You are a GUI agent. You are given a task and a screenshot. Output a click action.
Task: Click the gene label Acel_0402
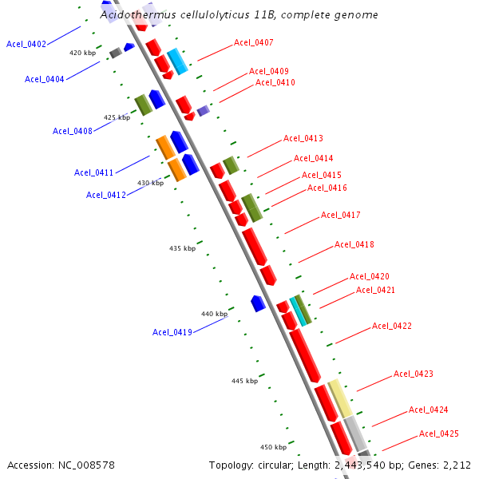pyautogui.click(x=26, y=44)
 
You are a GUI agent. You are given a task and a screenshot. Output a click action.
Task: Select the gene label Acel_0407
pyautogui.click(x=254, y=42)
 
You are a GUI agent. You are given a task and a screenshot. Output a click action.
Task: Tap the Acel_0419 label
pyautogui.click(x=172, y=332)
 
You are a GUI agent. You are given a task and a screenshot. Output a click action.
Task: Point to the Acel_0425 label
pyautogui.click(x=439, y=434)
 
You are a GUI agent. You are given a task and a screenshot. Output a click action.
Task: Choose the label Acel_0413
pyautogui.click(x=303, y=139)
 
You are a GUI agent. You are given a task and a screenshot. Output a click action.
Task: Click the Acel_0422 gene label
pyautogui.click(x=392, y=326)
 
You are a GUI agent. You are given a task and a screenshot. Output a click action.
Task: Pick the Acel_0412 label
pyautogui.click(x=106, y=195)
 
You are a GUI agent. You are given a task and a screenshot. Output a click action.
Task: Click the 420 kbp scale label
pyautogui.click(x=82, y=53)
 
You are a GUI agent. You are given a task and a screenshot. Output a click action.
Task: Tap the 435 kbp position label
pyautogui.click(x=182, y=248)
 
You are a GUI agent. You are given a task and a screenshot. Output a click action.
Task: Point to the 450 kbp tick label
pyautogui.click(x=273, y=447)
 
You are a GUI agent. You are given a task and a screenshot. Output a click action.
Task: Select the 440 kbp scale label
pyautogui.click(x=214, y=315)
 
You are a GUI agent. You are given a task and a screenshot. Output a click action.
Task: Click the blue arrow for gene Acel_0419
pyautogui.click(x=257, y=303)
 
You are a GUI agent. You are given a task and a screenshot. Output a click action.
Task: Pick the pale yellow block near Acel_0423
pyautogui.click(x=340, y=398)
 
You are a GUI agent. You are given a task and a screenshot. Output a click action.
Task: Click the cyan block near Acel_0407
pyautogui.click(x=177, y=61)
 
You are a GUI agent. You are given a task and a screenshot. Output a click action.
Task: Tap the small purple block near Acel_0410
pyautogui.click(x=203, y=111)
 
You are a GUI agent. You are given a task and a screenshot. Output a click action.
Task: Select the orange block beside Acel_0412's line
pyautogui.click(x=176, y=169)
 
